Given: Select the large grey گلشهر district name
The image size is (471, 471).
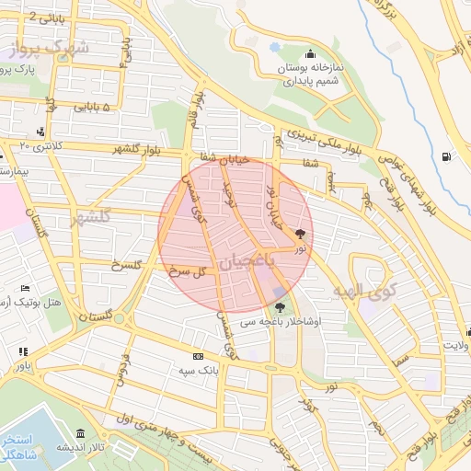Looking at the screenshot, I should [89, 216].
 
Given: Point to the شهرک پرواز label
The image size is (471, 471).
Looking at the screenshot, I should [50, 48].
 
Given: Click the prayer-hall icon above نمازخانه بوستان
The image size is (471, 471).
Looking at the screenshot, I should [309, 52].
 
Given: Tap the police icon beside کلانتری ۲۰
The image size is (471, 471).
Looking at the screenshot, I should [40, 132].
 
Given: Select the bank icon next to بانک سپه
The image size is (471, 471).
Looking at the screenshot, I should [197, 356].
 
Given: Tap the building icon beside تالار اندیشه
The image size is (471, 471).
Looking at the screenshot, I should [80, 433].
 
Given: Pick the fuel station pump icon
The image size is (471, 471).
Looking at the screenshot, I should [446, 156].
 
